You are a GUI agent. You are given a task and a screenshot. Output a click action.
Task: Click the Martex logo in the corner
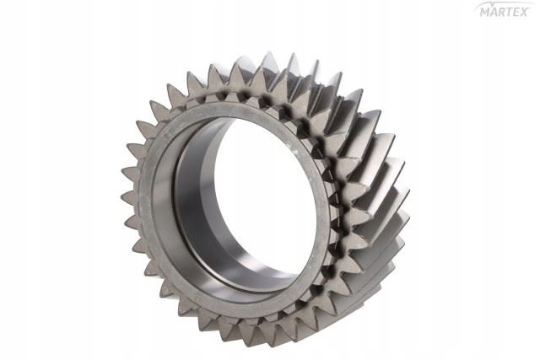click(504, 11)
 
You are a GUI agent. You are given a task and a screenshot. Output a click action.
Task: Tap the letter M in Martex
click(483, 13)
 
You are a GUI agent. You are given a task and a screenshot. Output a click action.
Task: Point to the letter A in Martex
click(494, 13)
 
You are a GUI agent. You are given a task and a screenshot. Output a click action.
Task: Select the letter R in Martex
click(502, 13)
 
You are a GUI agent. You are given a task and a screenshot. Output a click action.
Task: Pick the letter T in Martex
click(510, 13)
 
